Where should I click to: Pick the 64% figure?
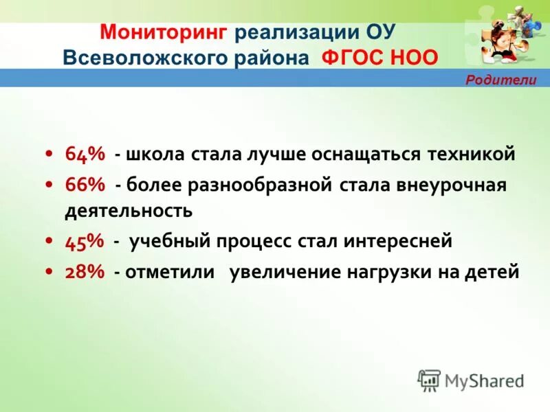[x=85, y=154]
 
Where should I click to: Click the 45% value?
[x=85, y=241]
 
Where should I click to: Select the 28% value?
[x=85, y=272]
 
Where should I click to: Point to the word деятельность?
[x=129, y=210]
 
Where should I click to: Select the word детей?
[x=493, y=272]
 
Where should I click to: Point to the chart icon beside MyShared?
[x=429, y=380]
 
